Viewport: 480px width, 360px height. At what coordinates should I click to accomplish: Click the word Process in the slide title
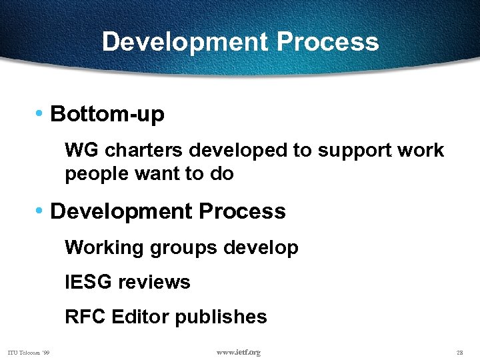coord(327,42)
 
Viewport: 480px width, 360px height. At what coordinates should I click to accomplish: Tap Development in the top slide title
coord(185,42)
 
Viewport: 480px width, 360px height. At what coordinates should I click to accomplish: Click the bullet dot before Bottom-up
coord(41,114)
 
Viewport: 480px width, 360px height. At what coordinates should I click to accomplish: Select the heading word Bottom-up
coord(107,115)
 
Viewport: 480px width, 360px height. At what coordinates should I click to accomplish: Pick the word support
coord(356,151)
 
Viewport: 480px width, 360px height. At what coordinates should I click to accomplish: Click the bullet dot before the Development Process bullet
coord(41,211)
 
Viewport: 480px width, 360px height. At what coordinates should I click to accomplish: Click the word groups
coord(184,249)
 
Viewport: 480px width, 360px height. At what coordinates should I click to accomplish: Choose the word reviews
coord(154,282)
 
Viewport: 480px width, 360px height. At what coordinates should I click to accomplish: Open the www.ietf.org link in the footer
coord(239,352)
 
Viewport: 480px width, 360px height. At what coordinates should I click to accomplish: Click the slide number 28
coord(459,352)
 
